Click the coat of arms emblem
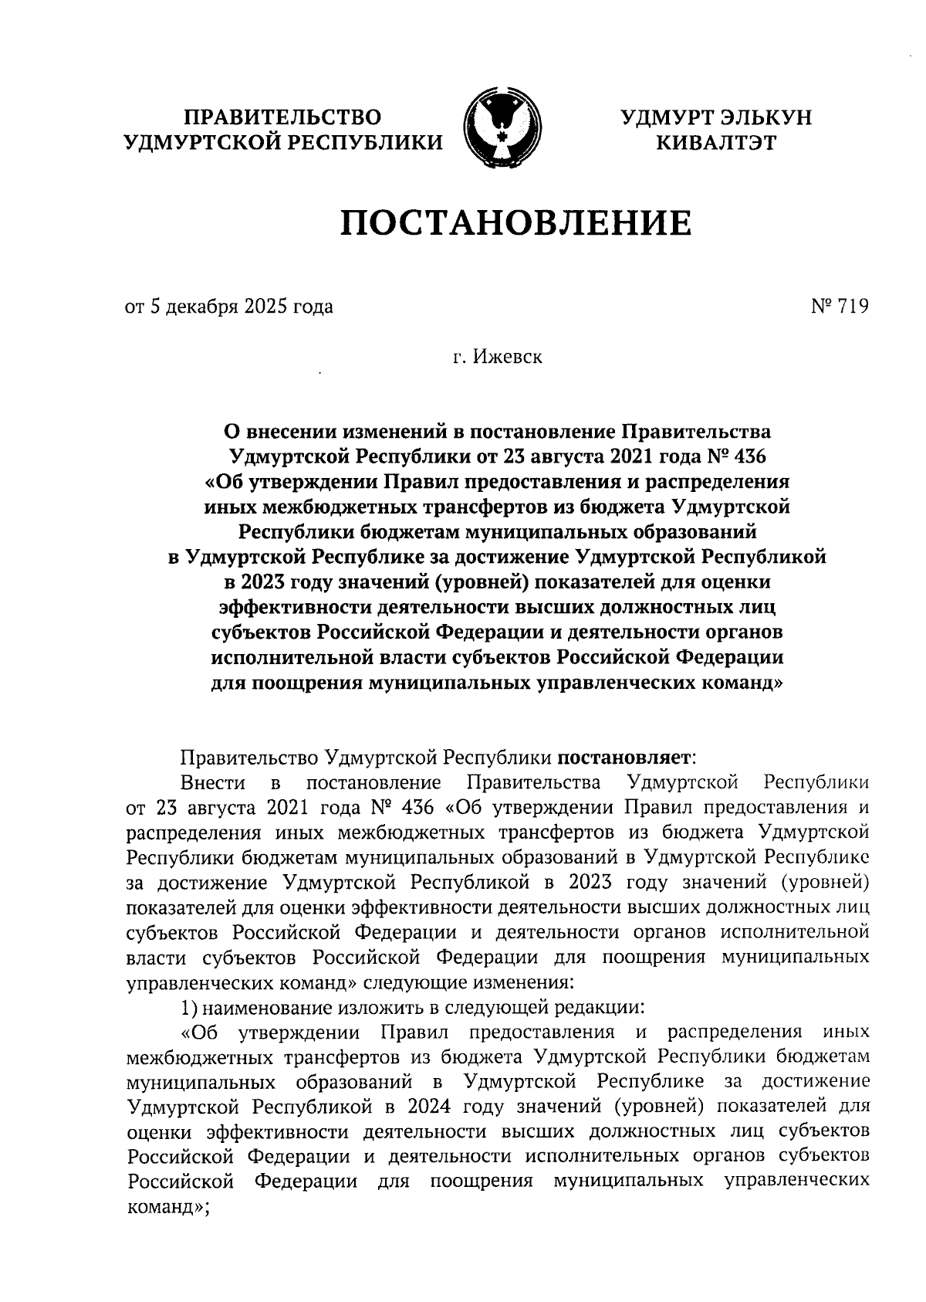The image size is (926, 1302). coord(499,128)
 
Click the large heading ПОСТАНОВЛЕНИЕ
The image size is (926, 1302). coord(516,223)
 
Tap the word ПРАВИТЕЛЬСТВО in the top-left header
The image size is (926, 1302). coord(282,117)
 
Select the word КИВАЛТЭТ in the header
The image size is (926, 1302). coord(716,142)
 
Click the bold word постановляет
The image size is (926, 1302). coord(627,758)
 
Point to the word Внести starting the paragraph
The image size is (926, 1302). coord(213,783)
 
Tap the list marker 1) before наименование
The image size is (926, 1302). coord(190,1007)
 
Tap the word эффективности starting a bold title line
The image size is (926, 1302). coord(294,606)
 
